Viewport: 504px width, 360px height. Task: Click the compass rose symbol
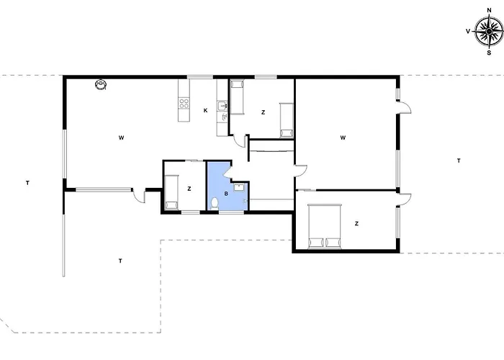click(x=489, y=31)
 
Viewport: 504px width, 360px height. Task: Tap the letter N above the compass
click(x=489, y=10)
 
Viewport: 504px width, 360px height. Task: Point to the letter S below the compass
click(x=489, y=53)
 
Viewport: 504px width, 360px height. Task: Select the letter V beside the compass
click(x=468, y=31)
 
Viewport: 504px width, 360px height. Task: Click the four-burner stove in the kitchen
click(x=184, y=103)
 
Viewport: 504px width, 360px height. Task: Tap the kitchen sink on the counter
click(x=222, y=105)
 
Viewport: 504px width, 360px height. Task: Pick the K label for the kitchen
click(x=205, y=111)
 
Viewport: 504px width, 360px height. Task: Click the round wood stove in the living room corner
click(x=101, y=84)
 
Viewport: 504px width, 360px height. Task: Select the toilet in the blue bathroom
click(x=215, y=204)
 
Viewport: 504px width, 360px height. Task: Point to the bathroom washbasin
click(x=238, y=187)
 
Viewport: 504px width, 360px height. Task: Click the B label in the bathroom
click(x=226, y=194)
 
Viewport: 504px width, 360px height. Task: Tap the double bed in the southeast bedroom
click(x=324, y=226)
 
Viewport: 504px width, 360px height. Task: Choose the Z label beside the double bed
click(x=356, y=224)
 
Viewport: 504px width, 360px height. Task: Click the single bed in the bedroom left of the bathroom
click(x=171, y=192)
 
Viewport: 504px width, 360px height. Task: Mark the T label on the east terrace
click(x=459, y=161)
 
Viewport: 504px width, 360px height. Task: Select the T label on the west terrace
click(x=27, y=183)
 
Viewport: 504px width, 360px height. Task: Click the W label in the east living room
click(x=343, y=138)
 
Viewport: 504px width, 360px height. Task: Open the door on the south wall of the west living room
click(x=139, y=196)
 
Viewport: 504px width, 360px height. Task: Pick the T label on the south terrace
click(x=120, y=261)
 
